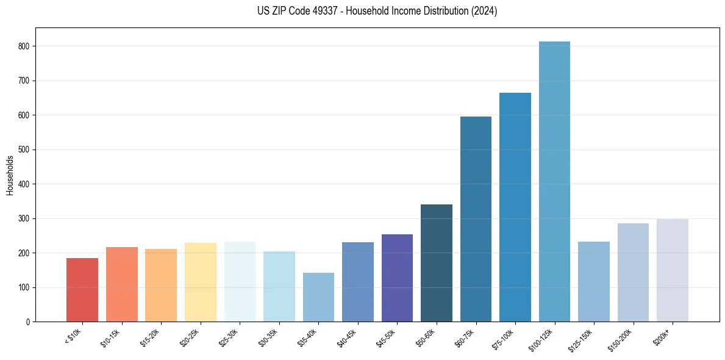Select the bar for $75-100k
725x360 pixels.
click(x=515, y=207)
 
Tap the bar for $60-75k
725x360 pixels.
click(x=476, y=219)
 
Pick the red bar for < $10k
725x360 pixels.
click(x=82, y=290)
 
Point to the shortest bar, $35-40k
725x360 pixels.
click(x=318, y=297)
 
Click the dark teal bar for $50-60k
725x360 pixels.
click(x=437, y=263)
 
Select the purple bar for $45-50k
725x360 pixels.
click(x=397, y=278)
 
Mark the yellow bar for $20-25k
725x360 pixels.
click(x=201, y=282)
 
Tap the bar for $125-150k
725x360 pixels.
click(x=594, y=281)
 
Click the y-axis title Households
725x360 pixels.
click(x=10, y=175)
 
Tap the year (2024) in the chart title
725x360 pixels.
click(x=482, y=11)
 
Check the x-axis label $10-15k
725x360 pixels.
click(x=112, y=337)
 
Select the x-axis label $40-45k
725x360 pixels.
click(x=348, y=337)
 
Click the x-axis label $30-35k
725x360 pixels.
click(x=269, y=337)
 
